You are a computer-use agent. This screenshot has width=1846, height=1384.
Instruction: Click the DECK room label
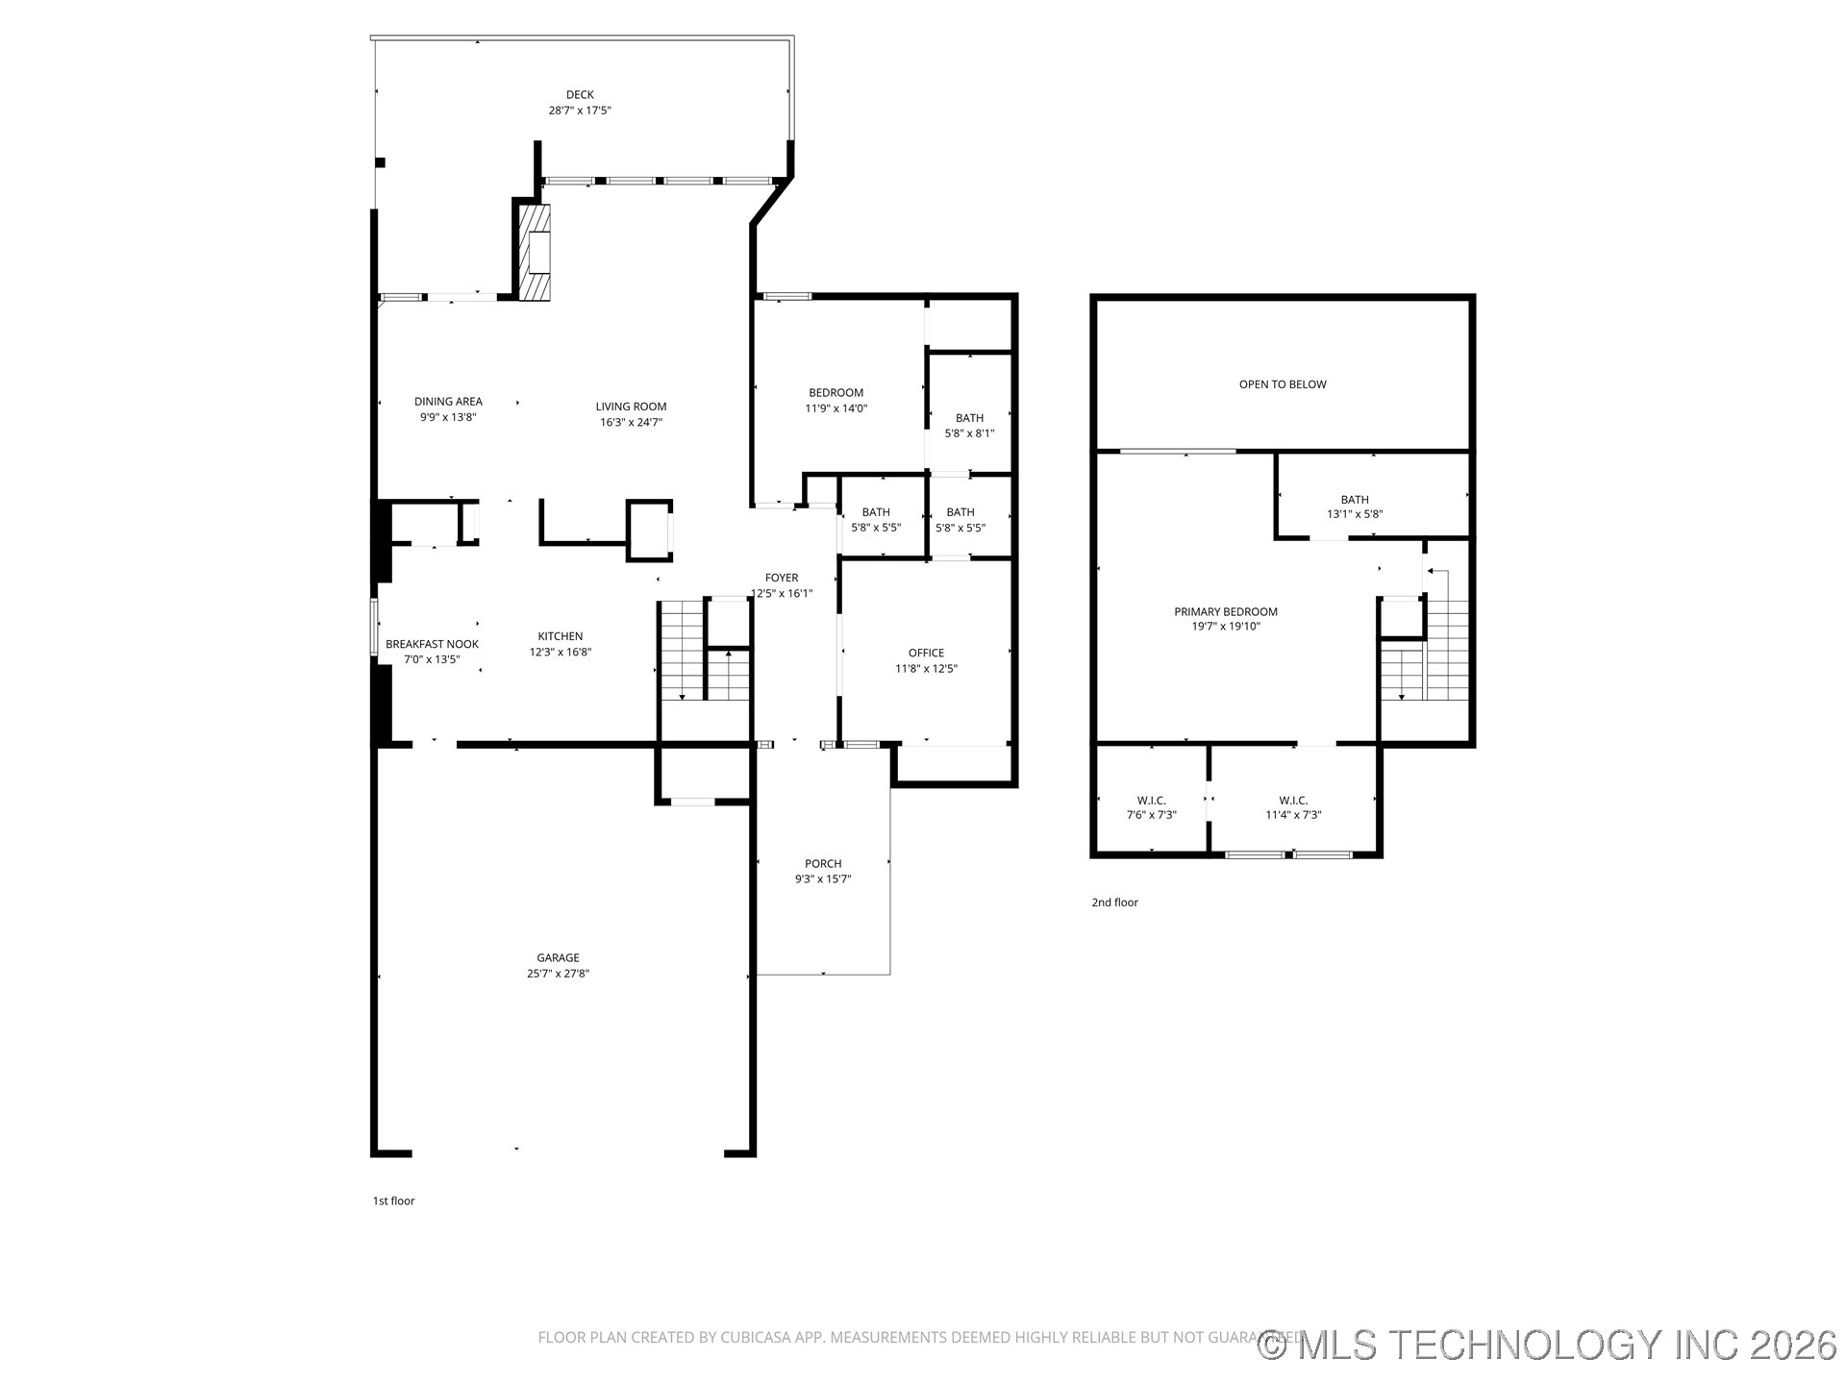tap(580, 94)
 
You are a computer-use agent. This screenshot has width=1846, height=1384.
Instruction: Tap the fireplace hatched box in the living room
tap(536, 253)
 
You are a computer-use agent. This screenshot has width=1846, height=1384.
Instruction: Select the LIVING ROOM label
tap(631, 407)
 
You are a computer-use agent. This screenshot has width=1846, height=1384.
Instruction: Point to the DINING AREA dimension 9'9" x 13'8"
tap(448, 417)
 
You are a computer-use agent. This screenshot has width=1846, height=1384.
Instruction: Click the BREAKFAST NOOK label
tap(432, 644)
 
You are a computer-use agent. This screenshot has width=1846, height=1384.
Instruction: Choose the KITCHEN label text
tap(561, 636)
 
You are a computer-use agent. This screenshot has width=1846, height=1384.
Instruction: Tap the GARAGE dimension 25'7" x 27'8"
tap(558, 974)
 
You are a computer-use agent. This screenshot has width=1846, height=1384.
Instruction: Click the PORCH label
tap(823, 864)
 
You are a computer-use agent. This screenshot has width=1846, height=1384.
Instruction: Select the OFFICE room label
tap(926, 654)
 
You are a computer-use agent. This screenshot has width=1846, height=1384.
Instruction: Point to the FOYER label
tap(782, 578)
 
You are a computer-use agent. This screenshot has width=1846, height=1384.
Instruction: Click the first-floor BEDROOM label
tap(836, 392)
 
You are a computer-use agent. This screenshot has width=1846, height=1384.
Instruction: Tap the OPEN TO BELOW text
tap(1283, 384)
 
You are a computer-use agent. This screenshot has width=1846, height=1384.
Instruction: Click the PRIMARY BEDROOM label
tap(1226, 611)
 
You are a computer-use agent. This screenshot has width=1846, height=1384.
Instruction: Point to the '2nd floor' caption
tap(1114, 902)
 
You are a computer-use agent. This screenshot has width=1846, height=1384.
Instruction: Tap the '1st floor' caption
tap(393, 1200)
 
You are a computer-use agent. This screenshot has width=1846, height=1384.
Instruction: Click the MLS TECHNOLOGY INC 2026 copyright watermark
tap(1548, 1345)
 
